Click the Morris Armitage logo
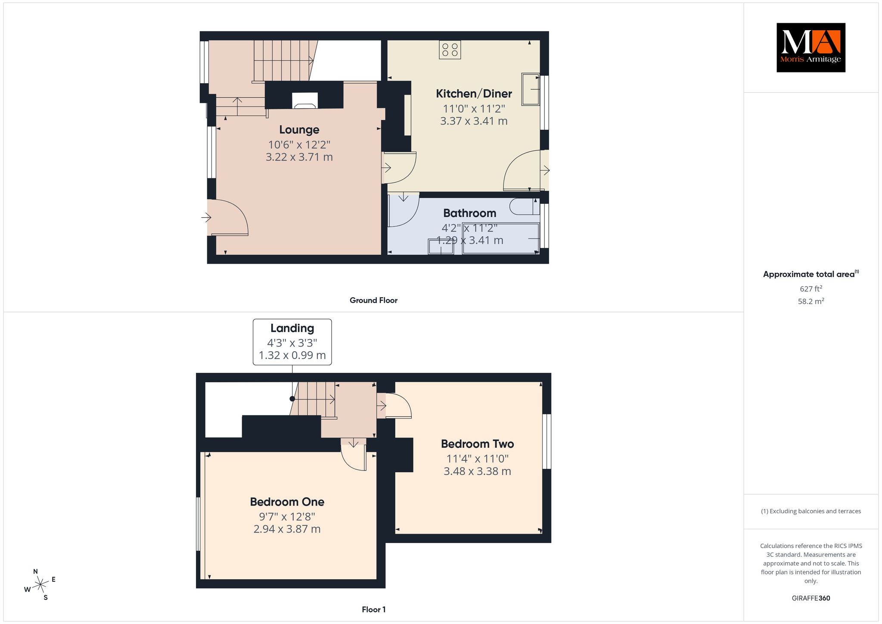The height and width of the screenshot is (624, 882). click(x=811, y=47)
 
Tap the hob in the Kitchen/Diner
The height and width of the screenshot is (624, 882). click(x=450, y=50)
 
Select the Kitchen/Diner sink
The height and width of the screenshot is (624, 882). click(x=531, y=89)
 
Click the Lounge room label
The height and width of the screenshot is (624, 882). click(x=299, y=129)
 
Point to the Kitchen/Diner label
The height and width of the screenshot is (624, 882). click(x=474, y=94)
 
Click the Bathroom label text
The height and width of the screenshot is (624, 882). click(x=469, y=213)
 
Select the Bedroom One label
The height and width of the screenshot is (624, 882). click(x=287, y=502)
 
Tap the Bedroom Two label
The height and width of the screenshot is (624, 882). click(x=477, y=444)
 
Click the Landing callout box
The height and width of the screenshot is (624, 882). click(x=292, y=342)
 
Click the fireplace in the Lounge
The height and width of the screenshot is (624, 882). click(x=305, y=100)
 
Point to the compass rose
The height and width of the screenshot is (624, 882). click(x=40, y=584)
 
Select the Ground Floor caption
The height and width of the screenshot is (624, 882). click(x=373, y=300)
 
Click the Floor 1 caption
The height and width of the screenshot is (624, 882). click(x=373, y=609)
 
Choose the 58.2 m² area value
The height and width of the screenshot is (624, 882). click(x=811, y=301)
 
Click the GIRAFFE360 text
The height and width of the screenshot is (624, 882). click(x=811, y=598)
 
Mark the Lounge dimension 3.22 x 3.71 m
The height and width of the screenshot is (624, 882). click(x=299, y=157)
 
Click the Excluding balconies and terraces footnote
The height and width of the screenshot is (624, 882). click(x=811, y=511)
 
